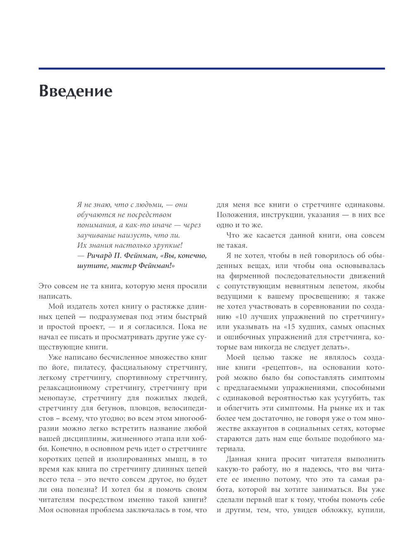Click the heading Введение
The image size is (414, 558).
[x=75, y=91]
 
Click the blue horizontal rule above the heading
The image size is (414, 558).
[x=212, y=68]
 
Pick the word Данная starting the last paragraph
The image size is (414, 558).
[x=239, y=459]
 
